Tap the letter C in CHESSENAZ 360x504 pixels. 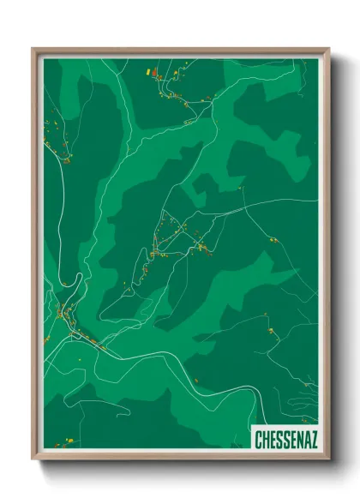[260, 440]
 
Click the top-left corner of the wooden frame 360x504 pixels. [33, 49]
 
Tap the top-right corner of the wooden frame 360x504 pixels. [329, 49]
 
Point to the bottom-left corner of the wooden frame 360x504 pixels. [33, 460]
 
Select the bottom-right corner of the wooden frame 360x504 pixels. [329, 460]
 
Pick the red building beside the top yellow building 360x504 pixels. [154, 74]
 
